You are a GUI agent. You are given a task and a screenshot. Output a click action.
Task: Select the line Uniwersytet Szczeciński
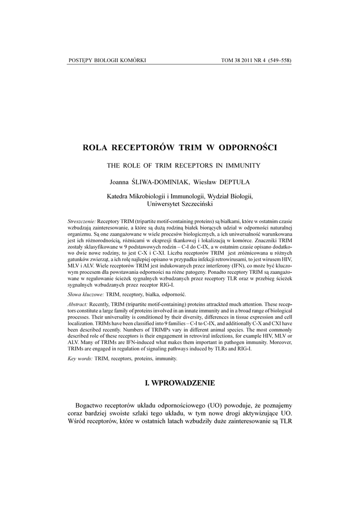click(x=180, y=204)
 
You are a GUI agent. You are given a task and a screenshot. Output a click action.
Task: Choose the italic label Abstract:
click(x=78, y=304)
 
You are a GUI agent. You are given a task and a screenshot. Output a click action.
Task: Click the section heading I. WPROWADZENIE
click(x=180, y=383)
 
